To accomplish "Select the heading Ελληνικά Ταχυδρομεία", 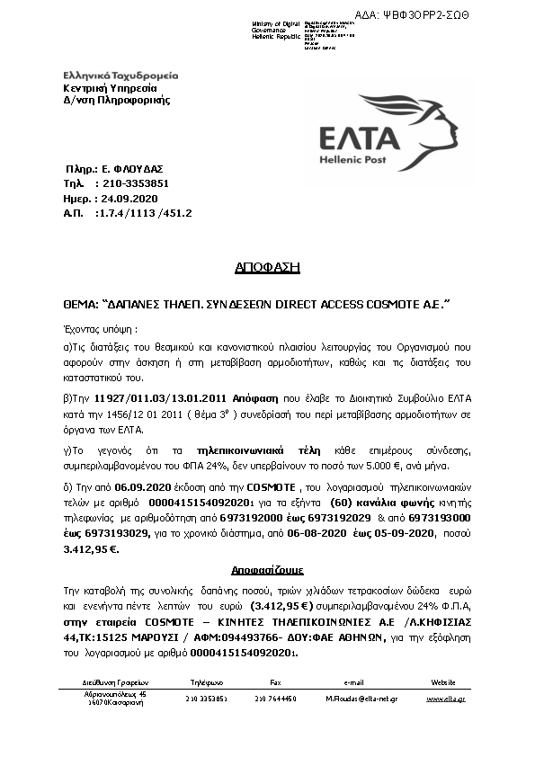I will (121, 76).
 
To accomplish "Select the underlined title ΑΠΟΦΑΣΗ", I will (267, 267).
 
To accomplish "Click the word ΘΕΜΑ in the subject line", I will (80, 305).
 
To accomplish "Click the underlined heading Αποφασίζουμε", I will (266, 570).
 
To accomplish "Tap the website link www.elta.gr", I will (446, 698).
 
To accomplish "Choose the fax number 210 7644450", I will (275, 698).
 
